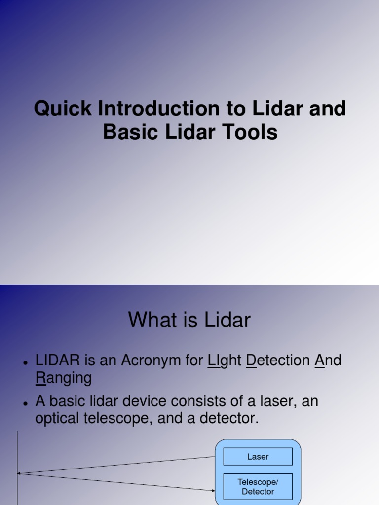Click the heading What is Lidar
[189, 320]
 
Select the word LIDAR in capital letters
[57, 361]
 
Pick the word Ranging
[64, 379]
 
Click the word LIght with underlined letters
[224, 361]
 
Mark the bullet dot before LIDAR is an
[25, 363]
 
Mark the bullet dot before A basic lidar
[25, 403]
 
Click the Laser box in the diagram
[258, 457]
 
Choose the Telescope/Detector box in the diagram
[258, 487]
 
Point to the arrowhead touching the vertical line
[20, 473]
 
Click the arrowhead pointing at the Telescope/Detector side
[212, 490]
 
